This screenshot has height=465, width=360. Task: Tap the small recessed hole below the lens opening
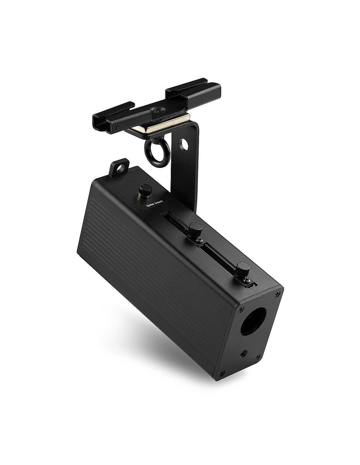243,354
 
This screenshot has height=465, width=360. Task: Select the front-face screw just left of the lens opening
241,309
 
